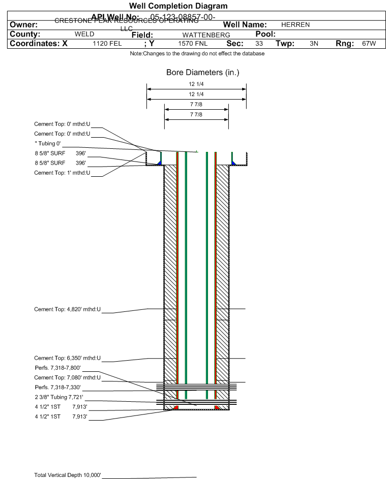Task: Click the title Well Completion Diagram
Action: [x=178, y=6]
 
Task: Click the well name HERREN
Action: [x=295, y=24]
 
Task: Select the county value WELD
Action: [x=84, y=34]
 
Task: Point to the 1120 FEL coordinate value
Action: [x=107, y=44]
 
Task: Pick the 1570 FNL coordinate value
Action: [x=193, y=44]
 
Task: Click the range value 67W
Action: [x=369, y=44]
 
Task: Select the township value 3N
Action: [x=314, y=44]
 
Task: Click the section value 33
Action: [x=259, y=44]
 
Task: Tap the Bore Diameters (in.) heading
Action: [x=202, y=73]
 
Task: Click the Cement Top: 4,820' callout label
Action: [x=68, y=309]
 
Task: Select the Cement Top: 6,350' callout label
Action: [x=68, y=358]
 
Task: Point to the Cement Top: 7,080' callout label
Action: [x=68, y=377]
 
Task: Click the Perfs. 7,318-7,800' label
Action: [x=57, y=368]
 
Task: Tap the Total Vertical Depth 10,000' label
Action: [x=68, y=475]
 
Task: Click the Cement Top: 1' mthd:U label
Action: [x=62, y=173]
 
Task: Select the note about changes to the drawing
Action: [x=197, y=53]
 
